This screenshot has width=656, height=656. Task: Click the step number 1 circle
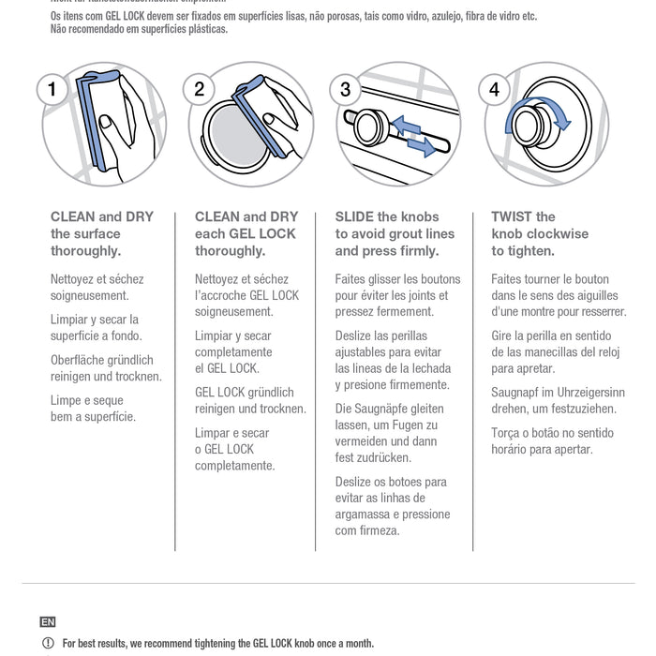coord(52,90)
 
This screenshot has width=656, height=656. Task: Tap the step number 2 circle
coord(200,90)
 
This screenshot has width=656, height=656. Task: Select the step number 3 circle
coord(346,90)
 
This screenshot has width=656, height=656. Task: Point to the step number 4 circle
coord(494,90)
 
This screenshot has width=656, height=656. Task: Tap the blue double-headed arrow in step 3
coord(413,136)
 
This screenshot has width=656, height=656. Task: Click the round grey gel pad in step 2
coord(235,137)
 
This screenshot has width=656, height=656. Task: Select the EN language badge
coord(48,622)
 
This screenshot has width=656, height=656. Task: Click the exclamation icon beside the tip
coord(48,644)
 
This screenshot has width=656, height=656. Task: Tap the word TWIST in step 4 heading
coord(513,216)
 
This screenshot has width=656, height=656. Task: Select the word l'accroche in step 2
coord(221,295)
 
